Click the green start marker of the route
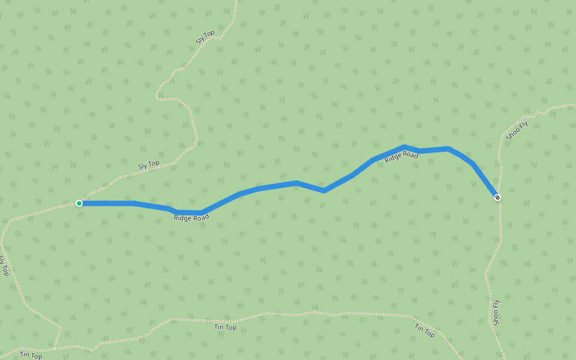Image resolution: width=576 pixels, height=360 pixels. tap(79, 203)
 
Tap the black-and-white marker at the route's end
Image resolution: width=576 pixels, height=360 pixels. tap(497, 197)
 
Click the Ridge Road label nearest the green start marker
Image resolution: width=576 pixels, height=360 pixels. tap(191, 218)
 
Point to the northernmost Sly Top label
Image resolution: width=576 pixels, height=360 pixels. tap(205, 37)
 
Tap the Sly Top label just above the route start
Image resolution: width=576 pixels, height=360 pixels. tap(149, 164)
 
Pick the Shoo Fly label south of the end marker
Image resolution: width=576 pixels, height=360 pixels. tap(496, 313)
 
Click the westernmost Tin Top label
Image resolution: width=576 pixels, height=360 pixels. tap(31, 355)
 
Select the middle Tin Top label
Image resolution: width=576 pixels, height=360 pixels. tap(226, 327)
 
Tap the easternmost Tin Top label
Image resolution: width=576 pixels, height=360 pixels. tap(425, 331)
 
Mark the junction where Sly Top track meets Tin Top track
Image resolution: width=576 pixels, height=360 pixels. tap(54, 348)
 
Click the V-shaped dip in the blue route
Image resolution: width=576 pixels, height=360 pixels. tap(324, 191)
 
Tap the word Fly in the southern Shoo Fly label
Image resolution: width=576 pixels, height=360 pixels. tap(496, 304)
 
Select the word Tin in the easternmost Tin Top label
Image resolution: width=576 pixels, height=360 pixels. tap(419, 328)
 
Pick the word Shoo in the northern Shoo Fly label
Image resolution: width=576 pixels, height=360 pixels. tap(513, 134)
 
